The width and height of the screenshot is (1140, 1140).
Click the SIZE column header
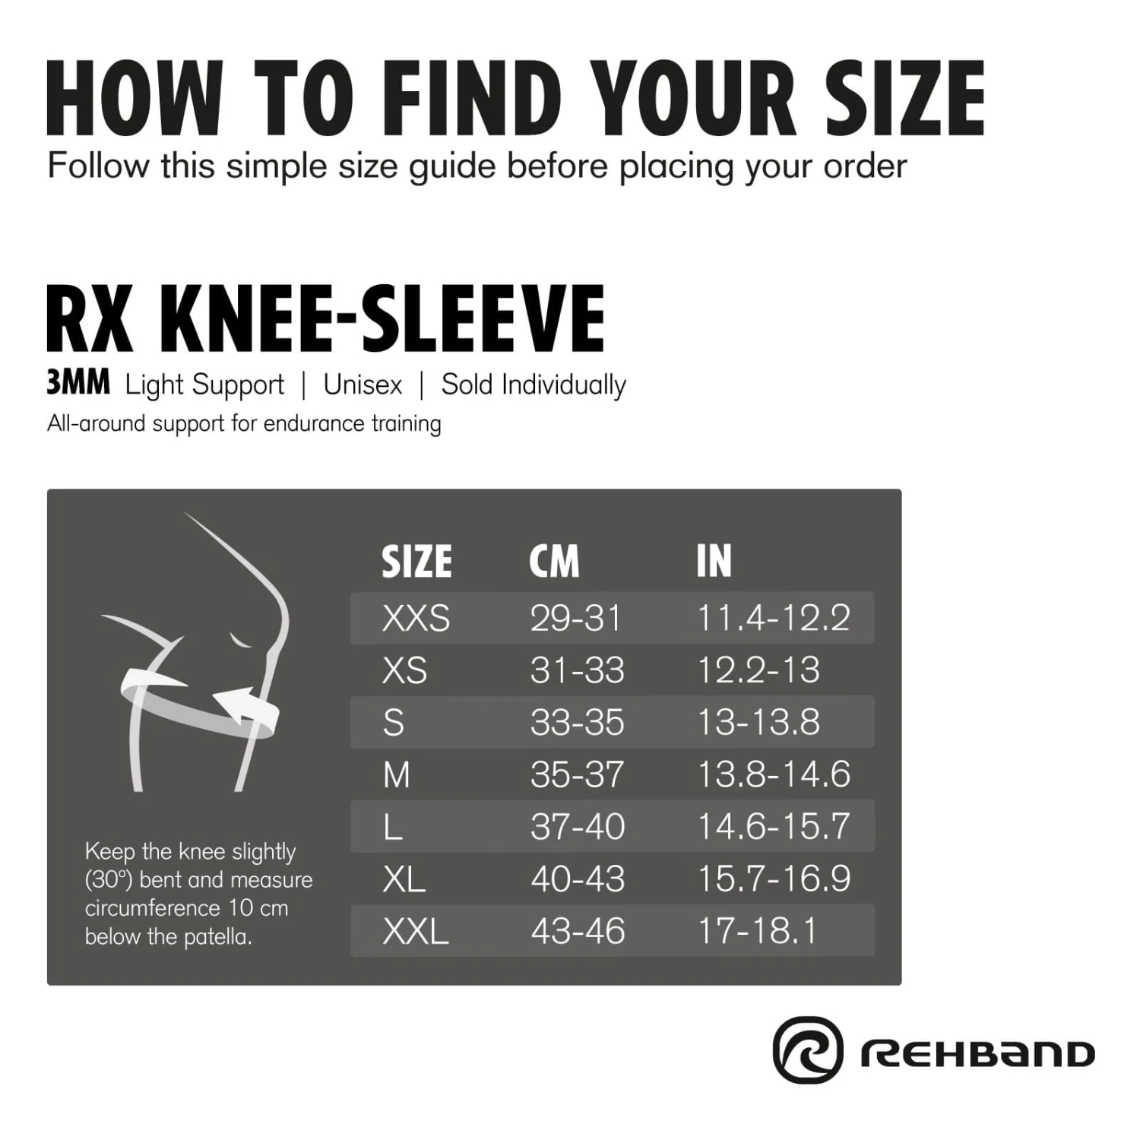416,562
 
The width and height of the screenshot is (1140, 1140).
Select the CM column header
554,562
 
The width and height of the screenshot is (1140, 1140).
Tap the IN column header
714,562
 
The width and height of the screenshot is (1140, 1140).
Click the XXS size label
416,618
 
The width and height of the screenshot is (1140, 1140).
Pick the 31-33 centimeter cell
577,670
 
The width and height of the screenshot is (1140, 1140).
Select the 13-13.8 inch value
758,722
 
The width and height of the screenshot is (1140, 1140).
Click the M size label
397,775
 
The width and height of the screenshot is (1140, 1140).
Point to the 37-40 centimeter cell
578,826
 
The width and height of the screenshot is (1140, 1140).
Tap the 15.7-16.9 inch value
774,879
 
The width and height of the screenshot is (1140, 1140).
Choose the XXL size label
416,931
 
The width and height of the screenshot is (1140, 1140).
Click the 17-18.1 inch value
757,931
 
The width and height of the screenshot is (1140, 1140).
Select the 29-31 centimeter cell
575,618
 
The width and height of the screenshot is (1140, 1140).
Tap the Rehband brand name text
977,1054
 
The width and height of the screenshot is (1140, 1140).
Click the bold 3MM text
78,384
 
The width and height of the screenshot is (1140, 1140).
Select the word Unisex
363,385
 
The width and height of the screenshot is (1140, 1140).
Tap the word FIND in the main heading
473,99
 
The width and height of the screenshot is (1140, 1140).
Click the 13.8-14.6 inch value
774,774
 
